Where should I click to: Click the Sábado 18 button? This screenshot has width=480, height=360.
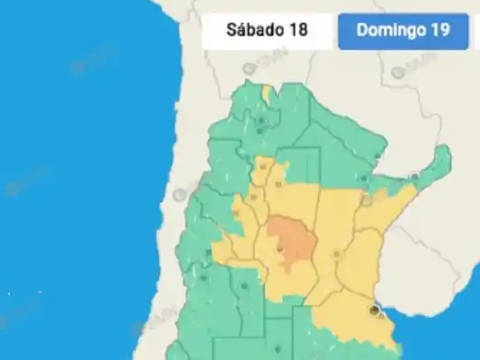tap(266, 31)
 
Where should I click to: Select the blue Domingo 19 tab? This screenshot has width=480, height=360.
tap(403, 31)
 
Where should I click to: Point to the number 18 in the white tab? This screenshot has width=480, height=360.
tap(297, 31)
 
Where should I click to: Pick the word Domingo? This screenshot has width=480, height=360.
tap(389, 31)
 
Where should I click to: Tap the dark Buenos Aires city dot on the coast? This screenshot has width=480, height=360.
tap(375, 310)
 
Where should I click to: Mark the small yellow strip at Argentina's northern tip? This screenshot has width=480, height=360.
tap(266, 94)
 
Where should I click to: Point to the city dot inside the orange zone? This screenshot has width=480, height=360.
tap(280, 248)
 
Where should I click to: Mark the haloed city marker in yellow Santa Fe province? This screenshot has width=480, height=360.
tap(335, 254)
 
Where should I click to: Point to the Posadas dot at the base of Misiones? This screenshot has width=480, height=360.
tap(415, 176)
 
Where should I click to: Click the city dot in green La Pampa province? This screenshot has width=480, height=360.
tap(244, 287)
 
